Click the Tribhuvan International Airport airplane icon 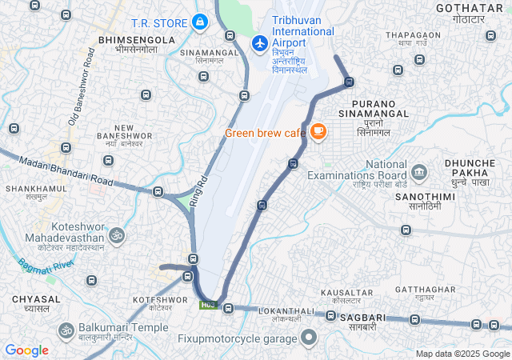pyautogui.click(x=259, y=42)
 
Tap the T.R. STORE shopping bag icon pyautogui.click(x=200, y=22)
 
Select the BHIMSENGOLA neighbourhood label pyautogui.click(x=135, y=39)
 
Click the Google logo pyautogui.click(x=27, y=350)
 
